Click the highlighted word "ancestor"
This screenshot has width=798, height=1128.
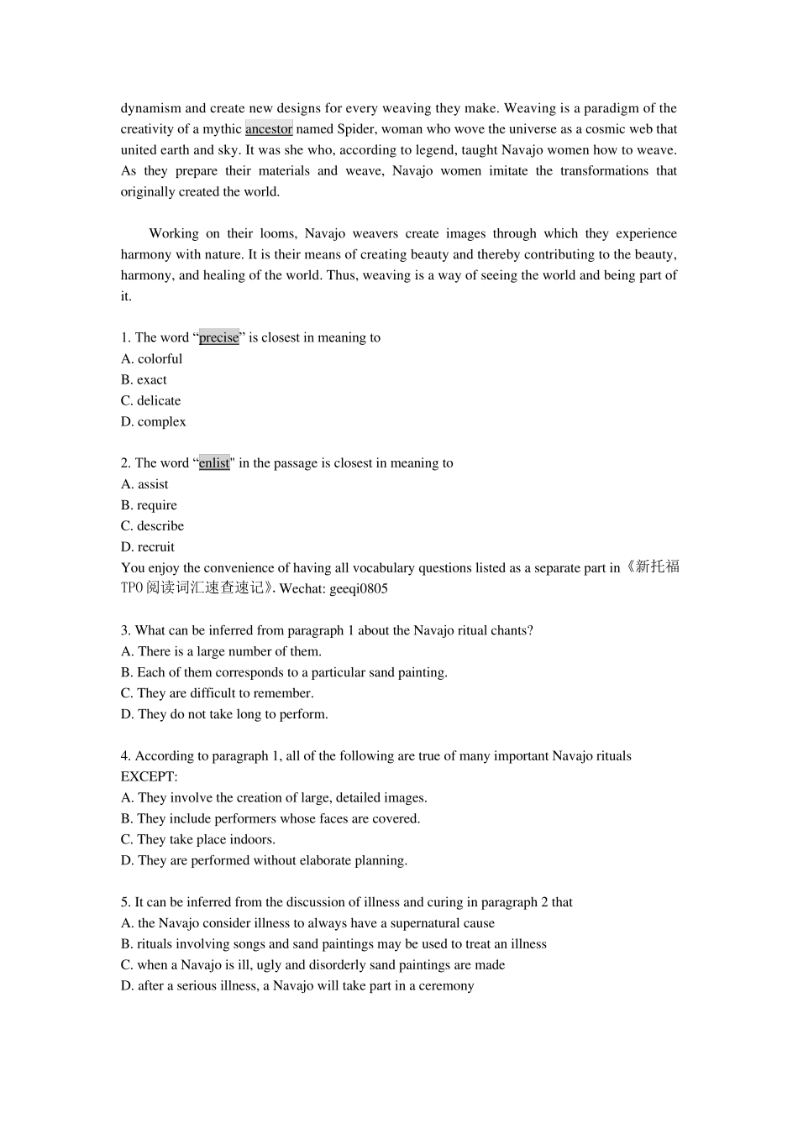click(x=269, y=129)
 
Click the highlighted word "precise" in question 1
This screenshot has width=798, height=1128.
click(x=218, y=337)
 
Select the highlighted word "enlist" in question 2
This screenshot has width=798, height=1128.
click(x=214, y=463)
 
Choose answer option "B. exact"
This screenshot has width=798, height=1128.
click(x=144, y=379)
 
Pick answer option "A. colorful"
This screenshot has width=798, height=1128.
click(x=151, y=358)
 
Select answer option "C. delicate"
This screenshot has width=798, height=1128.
click(x=150, y=400)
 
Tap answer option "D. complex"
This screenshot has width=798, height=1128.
click(x=153, y=421)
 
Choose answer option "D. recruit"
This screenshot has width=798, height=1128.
click(x=148, y=547)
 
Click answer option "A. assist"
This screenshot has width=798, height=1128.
click(x=144, y=484)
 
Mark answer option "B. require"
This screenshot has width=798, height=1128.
click(x=149, y=505)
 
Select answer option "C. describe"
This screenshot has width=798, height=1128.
click(x=152, y=526)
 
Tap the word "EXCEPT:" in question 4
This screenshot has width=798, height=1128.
click(x=149, y=777)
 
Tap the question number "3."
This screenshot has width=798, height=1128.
click(x=126, y=630)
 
